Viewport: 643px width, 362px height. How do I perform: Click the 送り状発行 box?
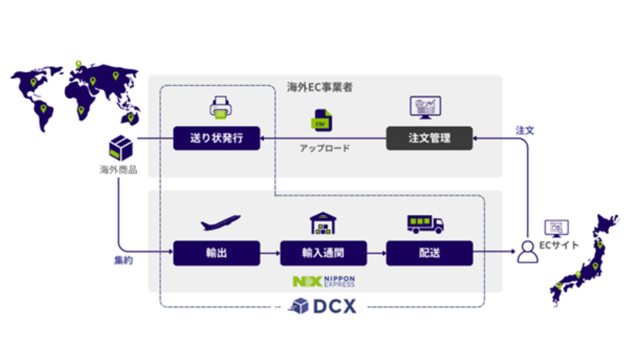pyautogui.click(x=216, y=138)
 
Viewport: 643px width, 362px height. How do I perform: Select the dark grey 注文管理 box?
pyautogui.click(x=429, y=138)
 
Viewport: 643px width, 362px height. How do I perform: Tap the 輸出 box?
pyautogui.click(x=216, y=253)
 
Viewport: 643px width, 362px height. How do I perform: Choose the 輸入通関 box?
pyautogui.click(x=323, y=253)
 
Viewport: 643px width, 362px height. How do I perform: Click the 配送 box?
pyautogui.click(x=429, y=253)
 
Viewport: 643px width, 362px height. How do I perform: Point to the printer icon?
pyautogui.click(x=220, y=108)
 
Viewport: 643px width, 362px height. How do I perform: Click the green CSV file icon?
pyautogui.click(x=321, y=120)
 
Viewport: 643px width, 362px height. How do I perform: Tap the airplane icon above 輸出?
pyautogui.click(x=220, y=223)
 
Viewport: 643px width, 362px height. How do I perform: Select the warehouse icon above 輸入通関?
pyautogui.click(x=323, y=223)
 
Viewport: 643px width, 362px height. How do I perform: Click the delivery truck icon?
pyautogui.click(x=425, y=224)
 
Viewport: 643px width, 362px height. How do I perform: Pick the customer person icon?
pyautogui.click(x=527, y=252)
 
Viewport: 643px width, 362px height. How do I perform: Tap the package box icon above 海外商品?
pyautogui.click(x=121, y=148)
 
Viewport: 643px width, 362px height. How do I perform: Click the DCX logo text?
pyautogui.click(x=334, y=306)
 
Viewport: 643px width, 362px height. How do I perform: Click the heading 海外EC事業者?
pyautogui.click(x=319, y=87)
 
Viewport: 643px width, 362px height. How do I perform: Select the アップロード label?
pyautogui.click(x=325, y=148)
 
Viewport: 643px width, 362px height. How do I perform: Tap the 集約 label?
pyautogui.click(x=124, y=260)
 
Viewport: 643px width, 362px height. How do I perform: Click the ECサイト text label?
pyautogui.click(x=559, y=245)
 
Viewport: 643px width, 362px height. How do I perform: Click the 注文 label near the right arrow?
pyautogui.click(x=524, y=130)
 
